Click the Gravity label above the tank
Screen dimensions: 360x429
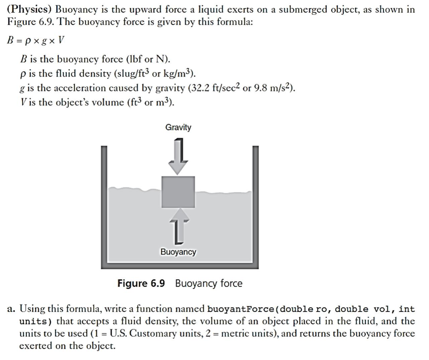pos(178,127)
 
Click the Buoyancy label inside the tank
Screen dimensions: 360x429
pos(178,252)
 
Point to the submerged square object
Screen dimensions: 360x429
pos(178,192)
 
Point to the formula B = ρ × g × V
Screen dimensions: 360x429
pos(35,40)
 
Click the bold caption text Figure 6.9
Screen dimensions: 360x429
pos(141,283)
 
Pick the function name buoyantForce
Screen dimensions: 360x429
pos(240,309)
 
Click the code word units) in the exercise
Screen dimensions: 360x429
pos(36,322)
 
